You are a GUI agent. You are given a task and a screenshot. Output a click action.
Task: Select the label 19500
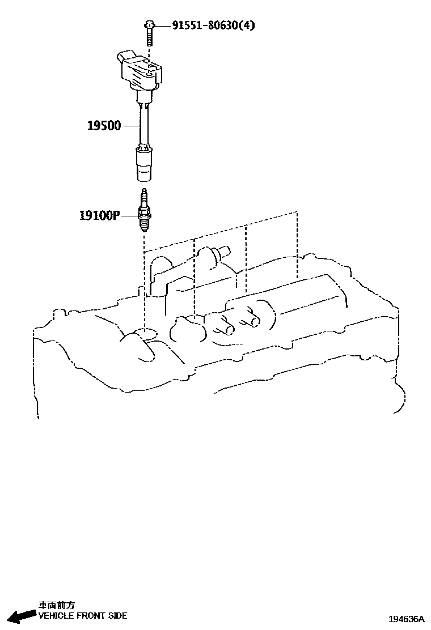click(x=104, y=125)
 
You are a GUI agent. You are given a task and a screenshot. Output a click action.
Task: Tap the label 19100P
click(x=99, y=215)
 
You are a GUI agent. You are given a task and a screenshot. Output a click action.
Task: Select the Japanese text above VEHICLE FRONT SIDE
click(x=56, y=605)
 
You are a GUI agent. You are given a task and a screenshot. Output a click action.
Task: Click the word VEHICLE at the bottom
click(x=56, y=616)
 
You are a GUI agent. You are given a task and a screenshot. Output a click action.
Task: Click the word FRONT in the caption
click(x=91, y=616)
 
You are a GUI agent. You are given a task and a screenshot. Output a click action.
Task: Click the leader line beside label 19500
click(x=131, y=125)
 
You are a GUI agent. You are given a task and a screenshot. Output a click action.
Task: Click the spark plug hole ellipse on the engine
click(x=145, y=334)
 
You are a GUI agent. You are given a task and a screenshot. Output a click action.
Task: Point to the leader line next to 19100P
click(x=130, y=215)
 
